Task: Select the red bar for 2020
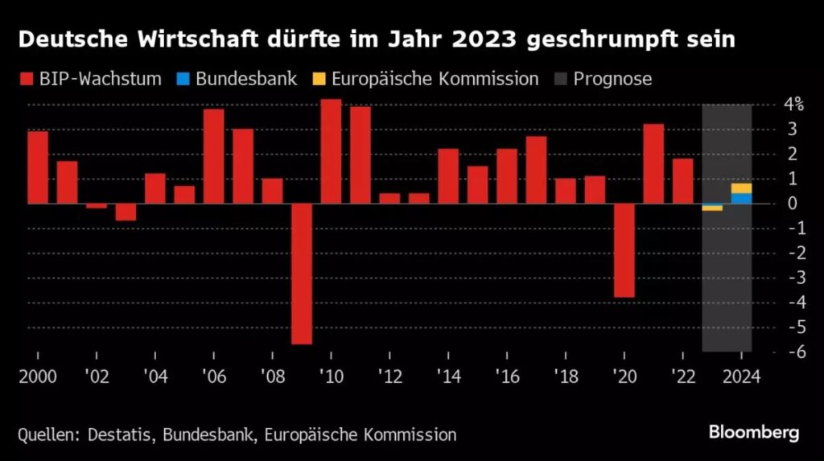pyautogui.click(x=624, y=250)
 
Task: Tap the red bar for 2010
pyautogui.click(x=331, y=151)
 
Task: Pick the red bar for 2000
pyautogui.click(x=38, y=167)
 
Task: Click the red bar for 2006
pyautogui.click(x=213, y=156)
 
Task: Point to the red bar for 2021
pyautogui.click(x=653, y=163)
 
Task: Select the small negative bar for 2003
pyautogui.click(x=126, y=212)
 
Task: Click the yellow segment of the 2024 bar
pyautogui.click(x=741, y=188)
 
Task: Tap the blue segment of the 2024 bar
pyautogui.click(x=741, y=199)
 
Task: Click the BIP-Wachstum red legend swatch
pyautogui.click(x=27, y=79)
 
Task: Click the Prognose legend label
pyautogui.click(x=612, y=79)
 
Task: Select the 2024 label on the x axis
pyautogui.click(x=741, y=376)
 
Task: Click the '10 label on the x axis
pyautogui.click(x=330, y=376)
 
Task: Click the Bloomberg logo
pyautogui.click(x=754, y=433)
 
